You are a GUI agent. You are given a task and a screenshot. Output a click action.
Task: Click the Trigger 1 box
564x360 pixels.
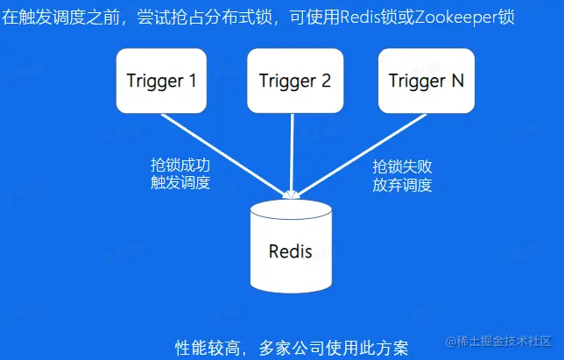[x=161, y=81]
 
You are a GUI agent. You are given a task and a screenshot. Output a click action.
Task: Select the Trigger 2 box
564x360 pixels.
[x=295, y=81]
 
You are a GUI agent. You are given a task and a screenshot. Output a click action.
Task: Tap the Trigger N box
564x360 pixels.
[x=427, y=81]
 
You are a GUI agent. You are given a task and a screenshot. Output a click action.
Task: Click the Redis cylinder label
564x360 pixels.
[x=290, y=251]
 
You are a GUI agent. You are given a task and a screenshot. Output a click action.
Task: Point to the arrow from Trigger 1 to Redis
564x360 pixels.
[x=226, y=155]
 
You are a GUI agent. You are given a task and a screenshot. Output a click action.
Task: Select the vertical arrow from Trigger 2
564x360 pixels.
[x=293, y=155]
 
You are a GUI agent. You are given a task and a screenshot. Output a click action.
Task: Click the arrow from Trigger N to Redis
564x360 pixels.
[x=361, y=155]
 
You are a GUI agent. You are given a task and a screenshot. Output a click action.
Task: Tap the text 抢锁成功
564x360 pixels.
[x=180, y=165]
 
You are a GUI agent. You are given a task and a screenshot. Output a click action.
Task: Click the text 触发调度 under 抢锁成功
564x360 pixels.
[x=180, y=182]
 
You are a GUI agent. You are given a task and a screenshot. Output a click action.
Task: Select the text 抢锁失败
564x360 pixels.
[x=402, y=167]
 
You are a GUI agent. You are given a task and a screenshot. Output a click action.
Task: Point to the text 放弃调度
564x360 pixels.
[x=402, y=185]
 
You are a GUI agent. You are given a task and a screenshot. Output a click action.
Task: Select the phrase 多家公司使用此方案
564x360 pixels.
[x=334, y=348]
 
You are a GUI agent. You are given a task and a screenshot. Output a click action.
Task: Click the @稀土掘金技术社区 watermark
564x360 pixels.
[x=498, y=341]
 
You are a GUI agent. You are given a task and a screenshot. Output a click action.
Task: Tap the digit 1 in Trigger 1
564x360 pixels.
[x=193, y=81]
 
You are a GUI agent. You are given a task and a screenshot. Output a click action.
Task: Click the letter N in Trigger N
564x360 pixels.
[x=457, y=81]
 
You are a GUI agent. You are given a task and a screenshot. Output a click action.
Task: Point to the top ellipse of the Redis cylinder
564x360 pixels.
[x=291, y=209]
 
